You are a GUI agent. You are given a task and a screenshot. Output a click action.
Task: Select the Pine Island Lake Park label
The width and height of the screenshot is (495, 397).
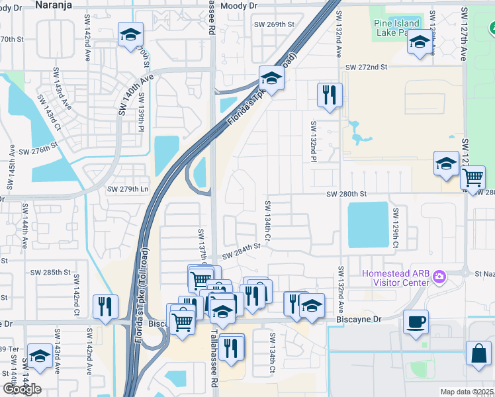coord(398,28)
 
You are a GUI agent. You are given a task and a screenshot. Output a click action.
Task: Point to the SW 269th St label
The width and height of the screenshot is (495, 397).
coord(274,24)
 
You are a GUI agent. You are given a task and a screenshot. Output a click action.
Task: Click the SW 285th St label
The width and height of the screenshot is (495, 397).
coord(50,272)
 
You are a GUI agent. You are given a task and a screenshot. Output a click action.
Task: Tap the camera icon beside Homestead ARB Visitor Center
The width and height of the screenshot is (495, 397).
coord(437,275)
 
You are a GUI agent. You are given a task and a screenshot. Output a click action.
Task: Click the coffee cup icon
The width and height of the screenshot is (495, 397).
coord(415,322)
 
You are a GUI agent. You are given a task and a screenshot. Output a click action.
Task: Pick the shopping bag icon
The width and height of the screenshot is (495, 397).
coord(478,354)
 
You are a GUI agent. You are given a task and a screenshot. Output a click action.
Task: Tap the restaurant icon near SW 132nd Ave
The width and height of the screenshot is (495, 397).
coord(329,95)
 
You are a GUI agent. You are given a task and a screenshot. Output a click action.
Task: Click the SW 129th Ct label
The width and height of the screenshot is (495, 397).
coord(395,229)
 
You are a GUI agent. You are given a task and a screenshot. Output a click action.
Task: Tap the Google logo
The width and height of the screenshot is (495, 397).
coord(22,389)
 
